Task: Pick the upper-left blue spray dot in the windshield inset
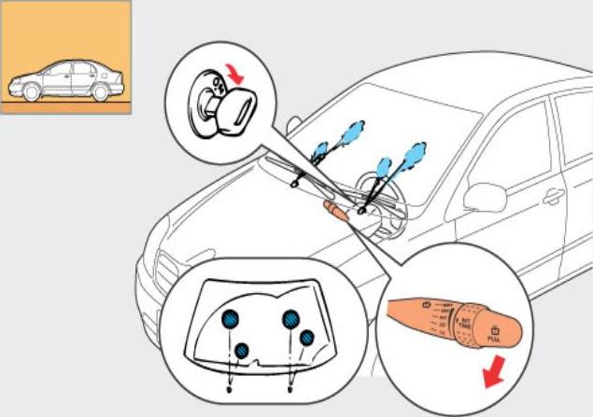tap(228, 319)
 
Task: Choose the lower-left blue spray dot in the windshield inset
tap(243, 350)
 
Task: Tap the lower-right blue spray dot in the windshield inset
tap(307, 336)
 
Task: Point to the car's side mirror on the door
tap(485, 196)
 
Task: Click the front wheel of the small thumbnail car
tap(32, 92)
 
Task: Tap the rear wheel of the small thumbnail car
tap(102, 91)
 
